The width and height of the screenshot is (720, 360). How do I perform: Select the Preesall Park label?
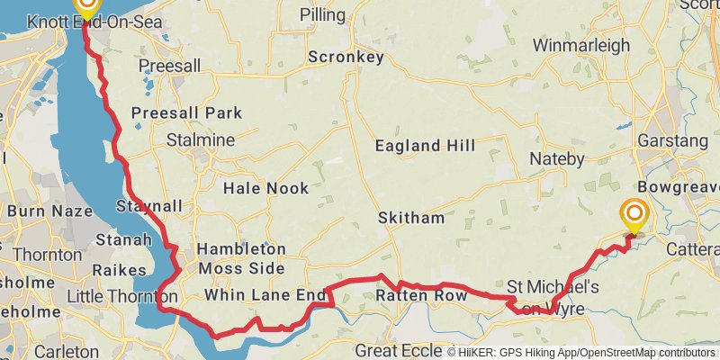(186, 113)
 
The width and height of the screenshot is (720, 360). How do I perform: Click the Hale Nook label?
(265, 188)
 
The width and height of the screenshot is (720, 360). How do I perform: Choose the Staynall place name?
(149, 206)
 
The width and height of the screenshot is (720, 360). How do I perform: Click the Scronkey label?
(346, 57)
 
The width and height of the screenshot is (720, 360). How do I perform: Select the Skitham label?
(411, 219)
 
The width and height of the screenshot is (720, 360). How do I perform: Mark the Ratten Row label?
(422, 295)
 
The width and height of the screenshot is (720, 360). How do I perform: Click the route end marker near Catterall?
(634, 215)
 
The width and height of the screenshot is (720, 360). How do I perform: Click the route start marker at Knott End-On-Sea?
(85, 4)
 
